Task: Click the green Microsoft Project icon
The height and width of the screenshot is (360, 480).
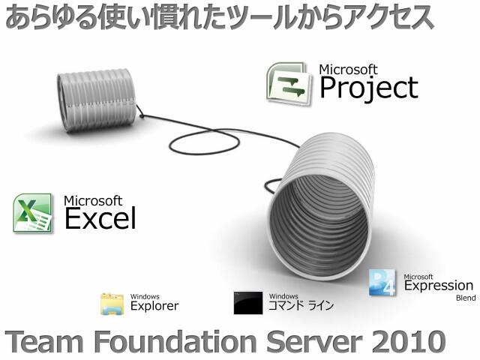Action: [286, 82]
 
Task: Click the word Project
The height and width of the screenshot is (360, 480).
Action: [368, 88]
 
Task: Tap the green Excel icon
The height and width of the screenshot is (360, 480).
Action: [32, 213]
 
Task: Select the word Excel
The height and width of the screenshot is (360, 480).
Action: [100, 218]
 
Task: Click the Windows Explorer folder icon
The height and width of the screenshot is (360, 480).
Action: [112, 303]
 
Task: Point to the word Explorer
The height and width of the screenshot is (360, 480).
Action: [154, 306]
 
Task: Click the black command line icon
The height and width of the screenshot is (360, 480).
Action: [248, 302]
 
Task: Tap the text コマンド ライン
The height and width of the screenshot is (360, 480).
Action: [301, 306]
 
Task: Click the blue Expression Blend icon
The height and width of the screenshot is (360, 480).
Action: [382, 282]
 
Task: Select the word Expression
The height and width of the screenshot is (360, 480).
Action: [439, 286]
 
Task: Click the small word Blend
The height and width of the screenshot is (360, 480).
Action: [465, 298]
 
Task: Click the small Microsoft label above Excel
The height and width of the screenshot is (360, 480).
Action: [92, 200]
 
